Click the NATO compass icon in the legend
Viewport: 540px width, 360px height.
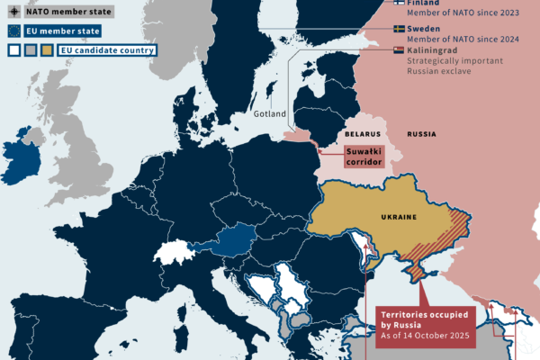click(x=13, y=13)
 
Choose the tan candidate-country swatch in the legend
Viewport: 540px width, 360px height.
click(x=46, y=50)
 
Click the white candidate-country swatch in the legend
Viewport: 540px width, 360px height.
click(x=13, y=50)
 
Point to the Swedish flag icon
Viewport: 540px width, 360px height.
click(x=399, y=29)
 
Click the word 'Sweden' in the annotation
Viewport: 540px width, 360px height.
click(x=426, y=29)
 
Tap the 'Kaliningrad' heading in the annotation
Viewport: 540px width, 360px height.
click(x=436, y=51)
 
